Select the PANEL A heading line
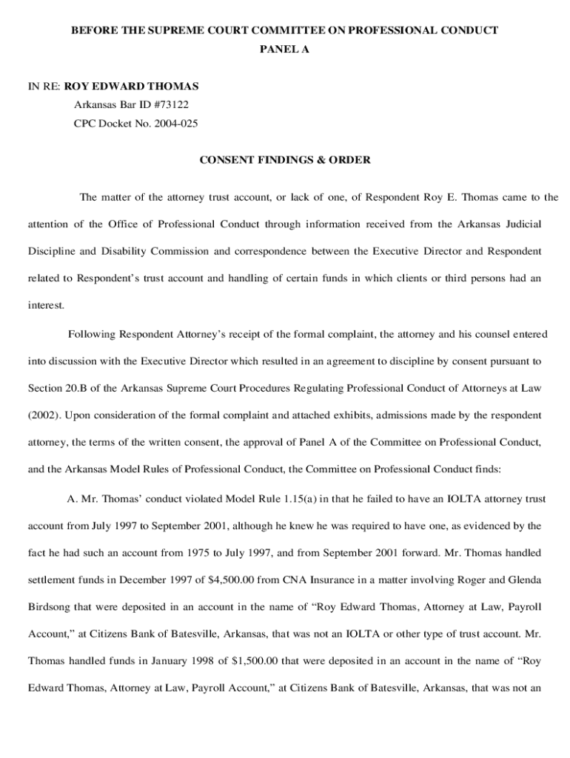tap(284, 50)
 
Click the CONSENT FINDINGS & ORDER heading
tap(285, 160)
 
